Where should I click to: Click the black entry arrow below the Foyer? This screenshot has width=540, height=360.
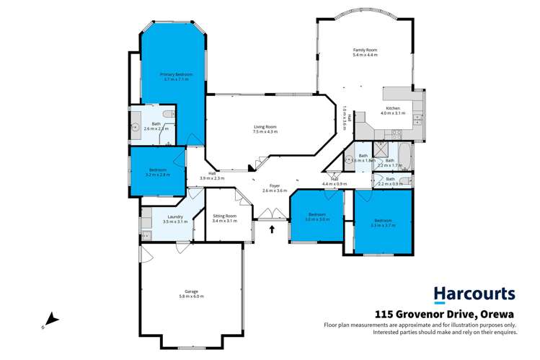(273, 230)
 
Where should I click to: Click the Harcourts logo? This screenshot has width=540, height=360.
(474, 294)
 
